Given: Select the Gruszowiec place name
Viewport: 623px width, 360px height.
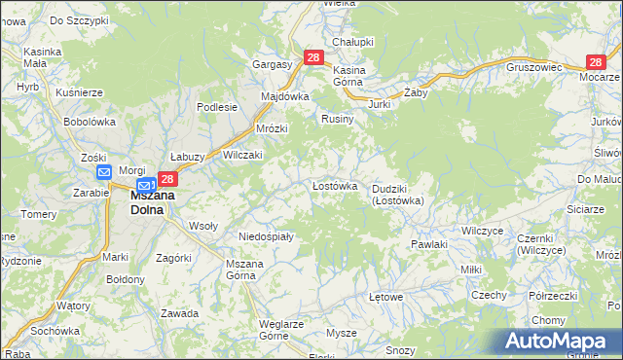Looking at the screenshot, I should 535,68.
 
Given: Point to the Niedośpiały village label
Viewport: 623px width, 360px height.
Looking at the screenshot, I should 267,235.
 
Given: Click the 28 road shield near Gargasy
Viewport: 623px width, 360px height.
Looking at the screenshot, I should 312,58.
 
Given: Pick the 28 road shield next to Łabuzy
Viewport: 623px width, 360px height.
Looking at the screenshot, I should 167,179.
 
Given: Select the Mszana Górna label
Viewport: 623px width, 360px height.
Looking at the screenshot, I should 244,270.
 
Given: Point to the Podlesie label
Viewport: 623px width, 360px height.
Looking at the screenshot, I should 217,107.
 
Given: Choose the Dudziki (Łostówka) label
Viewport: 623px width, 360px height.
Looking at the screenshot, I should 397,195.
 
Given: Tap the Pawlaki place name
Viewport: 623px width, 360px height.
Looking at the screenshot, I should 428,244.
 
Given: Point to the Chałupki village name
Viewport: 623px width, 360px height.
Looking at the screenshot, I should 353,42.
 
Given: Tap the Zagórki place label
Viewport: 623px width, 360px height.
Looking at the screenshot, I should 173,258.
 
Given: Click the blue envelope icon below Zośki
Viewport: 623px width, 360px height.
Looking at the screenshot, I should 104,172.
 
